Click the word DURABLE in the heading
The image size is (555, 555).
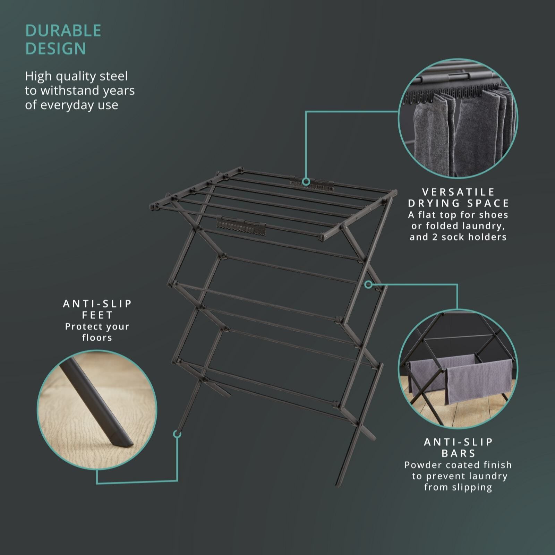pyautogui.click(x=63, y=31)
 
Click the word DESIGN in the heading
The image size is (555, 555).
pyautogui.click(x=55, y=49)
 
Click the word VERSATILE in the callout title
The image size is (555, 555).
pyautogui.click(x=459, y=192)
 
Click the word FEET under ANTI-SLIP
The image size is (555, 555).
pyautogui.click(x=97, y=315)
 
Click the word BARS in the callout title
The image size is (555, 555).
pyautogui.click(x=459, y=453)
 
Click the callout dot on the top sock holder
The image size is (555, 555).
pyautogui.click(x=306, y=181)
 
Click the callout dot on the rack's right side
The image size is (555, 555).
pyautogui.click(x=368, y=284)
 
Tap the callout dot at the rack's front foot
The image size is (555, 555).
pyautogui.click(x=177, y=434)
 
